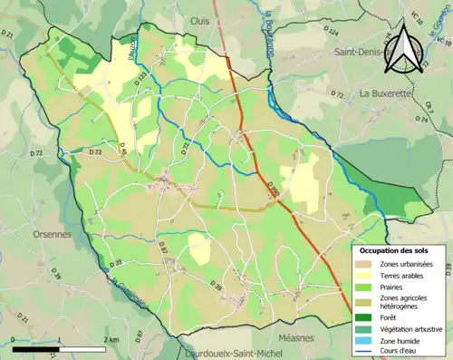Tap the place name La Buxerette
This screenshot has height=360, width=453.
pos(390,94)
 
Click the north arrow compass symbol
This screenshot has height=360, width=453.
pos(406,49)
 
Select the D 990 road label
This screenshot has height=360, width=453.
pos(273,189)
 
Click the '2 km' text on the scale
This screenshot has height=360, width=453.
pos(111,338)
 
